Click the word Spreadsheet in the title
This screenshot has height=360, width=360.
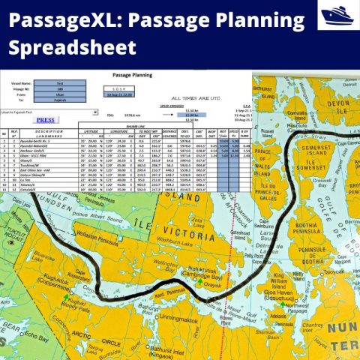coord(73,48)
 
